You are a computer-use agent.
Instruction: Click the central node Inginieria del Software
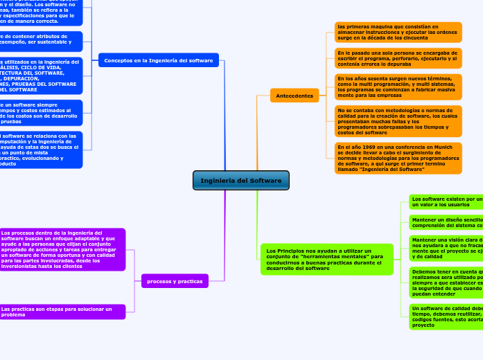point(241,181)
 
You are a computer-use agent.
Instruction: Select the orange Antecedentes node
point(295,96)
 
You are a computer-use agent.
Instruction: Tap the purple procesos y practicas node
point(175,281)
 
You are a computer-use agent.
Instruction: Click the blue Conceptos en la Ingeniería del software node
point(158,60)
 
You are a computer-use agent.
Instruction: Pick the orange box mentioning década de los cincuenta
point(398,32)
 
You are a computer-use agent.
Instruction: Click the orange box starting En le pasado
point(398,58)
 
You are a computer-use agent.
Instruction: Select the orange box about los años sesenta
point(398,87)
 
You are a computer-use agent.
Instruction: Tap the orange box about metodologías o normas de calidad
point(398,121)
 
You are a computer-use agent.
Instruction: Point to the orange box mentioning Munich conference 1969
point(398,158)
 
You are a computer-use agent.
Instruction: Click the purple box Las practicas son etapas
point(62,312)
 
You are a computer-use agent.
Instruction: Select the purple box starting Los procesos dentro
point(62,249)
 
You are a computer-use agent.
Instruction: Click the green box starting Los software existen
point(446,201)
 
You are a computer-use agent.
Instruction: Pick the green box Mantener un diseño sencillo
point(446,222)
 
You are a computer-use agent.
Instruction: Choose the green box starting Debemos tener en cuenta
point(446,282)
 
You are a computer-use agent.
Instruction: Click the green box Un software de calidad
point(446,316)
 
